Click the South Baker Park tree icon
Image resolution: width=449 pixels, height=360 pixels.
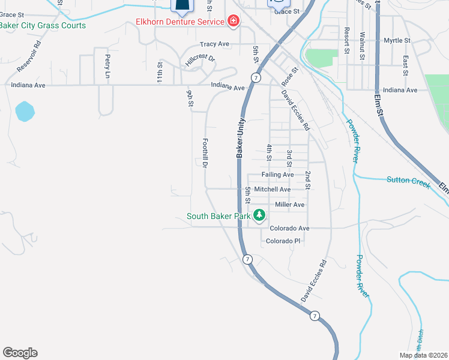pyautogui.click(x=259, y=215)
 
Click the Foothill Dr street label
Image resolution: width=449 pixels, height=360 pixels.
pyautogui.click(x=205, y=152)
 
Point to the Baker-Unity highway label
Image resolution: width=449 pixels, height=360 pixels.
pyautogui.click(x=240, y=137)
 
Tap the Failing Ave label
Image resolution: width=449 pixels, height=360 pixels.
pyautogui.click(x=277, y=175)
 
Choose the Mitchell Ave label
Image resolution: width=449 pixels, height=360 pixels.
pyautogui.click(x=272, y=189)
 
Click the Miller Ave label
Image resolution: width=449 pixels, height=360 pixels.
pyautogui.click(x=289, y=205)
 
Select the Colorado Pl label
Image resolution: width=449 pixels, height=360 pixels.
pyautogui.click(x=283, y=241)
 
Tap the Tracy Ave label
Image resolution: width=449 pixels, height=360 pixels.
pyautogui.click(x=214, y=44)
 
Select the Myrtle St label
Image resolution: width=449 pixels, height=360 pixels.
pyautogui.click(x=397, y=40)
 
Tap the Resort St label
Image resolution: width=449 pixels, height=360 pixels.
pyautogui.click(x=347, y=40)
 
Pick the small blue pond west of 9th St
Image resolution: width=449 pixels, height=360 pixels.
pyautogui.click(x=25, y=110)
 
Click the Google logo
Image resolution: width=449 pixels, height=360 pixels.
pyautogui.click(x=20, y=353)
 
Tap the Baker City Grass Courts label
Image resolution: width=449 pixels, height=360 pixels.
pyautogui.click(x=43, y=26)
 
